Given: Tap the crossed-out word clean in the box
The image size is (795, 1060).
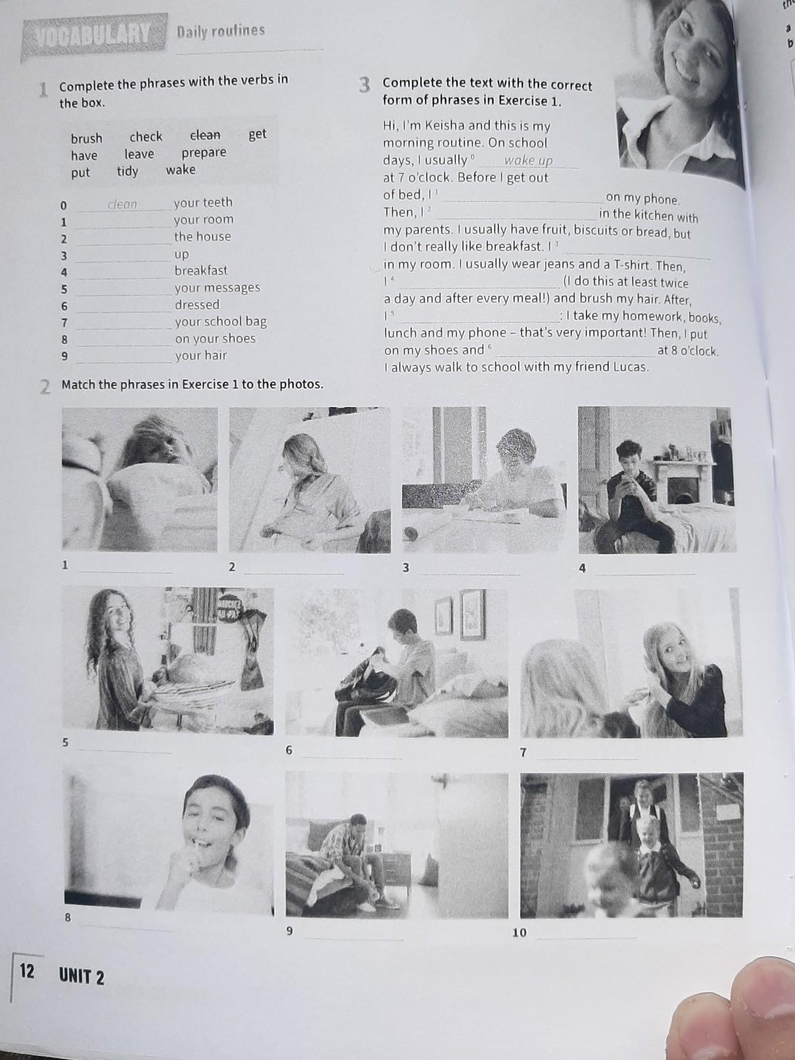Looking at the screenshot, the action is coord(205,135).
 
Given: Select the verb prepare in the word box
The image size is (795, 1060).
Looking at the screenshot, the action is coord(204,153).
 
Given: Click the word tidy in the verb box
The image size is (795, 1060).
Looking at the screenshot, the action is coord(128,172).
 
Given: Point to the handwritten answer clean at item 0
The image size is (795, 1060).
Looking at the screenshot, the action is coord(122,205).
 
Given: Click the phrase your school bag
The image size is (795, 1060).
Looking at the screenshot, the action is coord(220,322).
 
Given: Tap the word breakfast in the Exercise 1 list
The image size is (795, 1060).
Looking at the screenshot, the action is coord(201,270).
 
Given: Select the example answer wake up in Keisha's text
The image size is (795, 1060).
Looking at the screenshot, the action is coord(528,160).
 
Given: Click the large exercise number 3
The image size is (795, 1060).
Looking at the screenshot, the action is coord(364,85).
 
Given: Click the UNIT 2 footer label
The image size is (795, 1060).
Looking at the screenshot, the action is coord(82,976).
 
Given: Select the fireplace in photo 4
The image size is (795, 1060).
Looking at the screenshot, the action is coord(681,483).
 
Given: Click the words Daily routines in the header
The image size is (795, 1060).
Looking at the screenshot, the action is coord(220,31).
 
